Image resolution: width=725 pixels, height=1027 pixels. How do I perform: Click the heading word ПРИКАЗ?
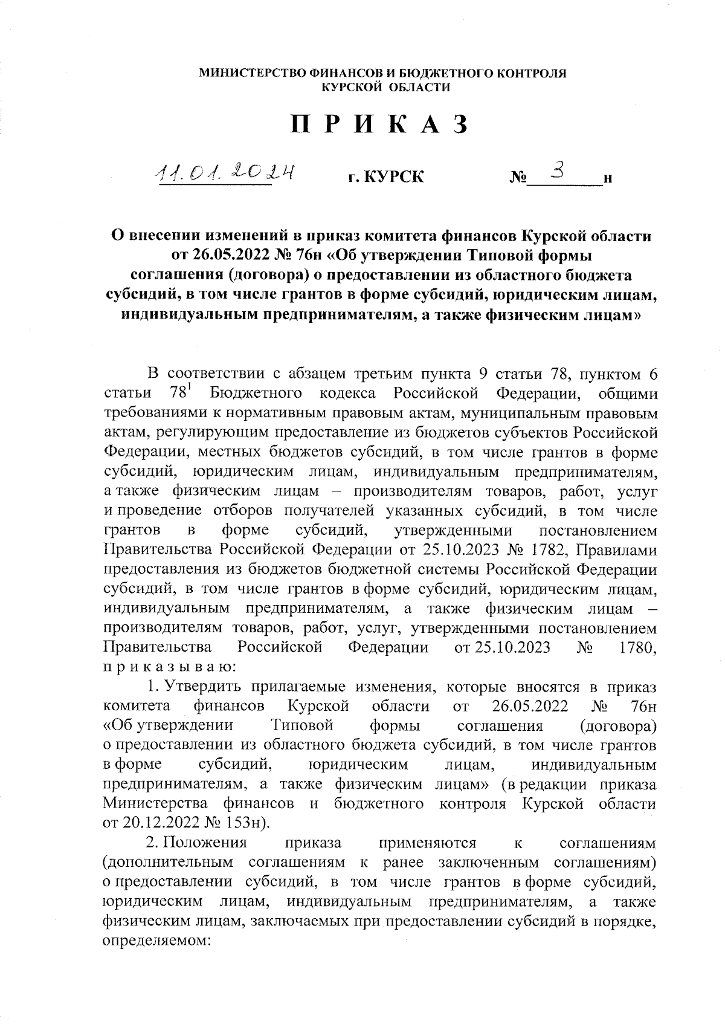(x=380, y=126)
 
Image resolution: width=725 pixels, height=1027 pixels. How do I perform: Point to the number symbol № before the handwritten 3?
(x=518, y=178)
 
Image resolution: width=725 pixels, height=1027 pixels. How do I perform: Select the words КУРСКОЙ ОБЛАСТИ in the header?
(x=385, y=88)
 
